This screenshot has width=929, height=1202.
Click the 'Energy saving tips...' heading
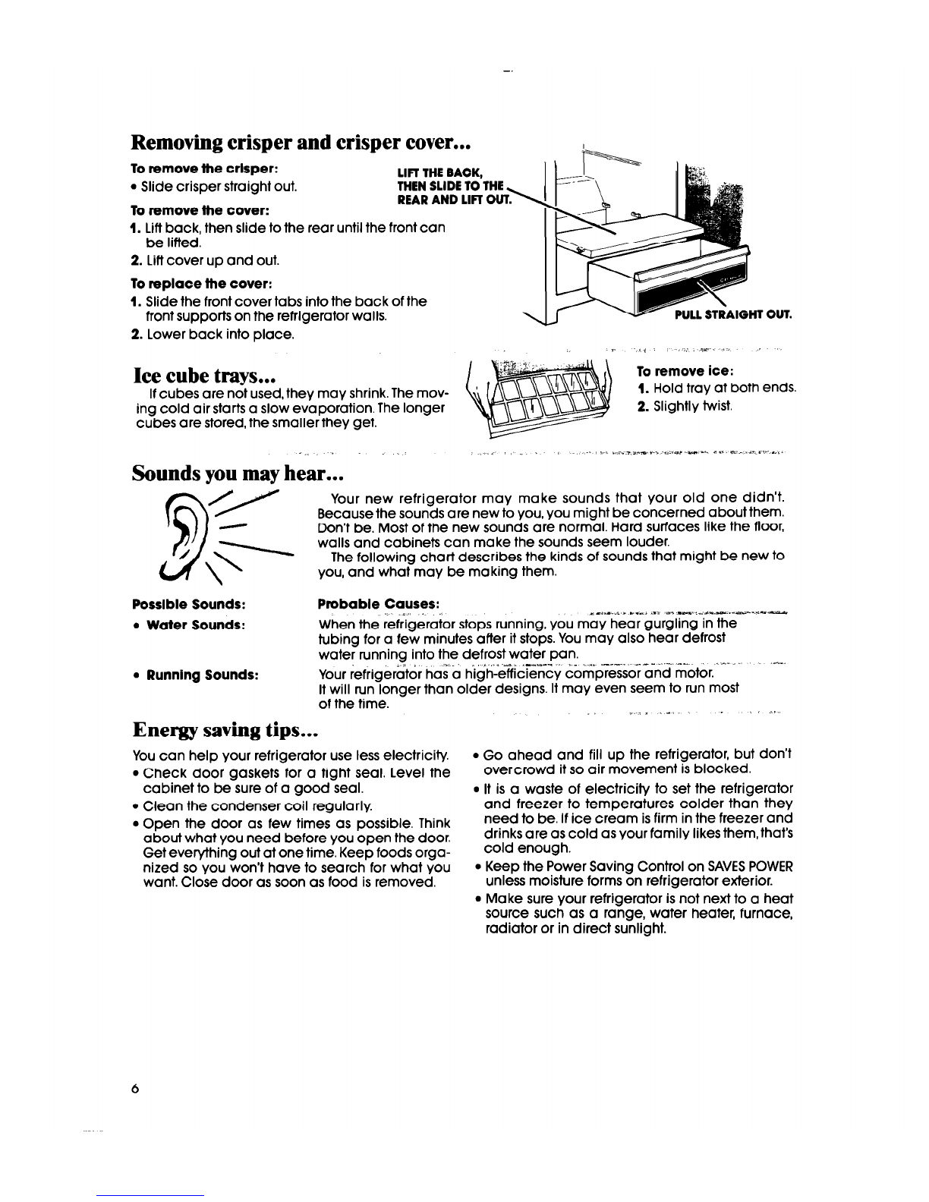[224, 730]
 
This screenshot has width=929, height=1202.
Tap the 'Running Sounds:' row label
[201, 674]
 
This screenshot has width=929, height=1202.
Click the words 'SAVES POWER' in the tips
[749, 867]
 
